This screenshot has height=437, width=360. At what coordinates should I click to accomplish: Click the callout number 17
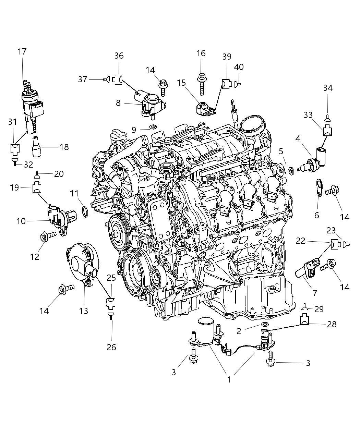[22, 52]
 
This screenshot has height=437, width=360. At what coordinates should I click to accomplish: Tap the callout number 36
[119, 56]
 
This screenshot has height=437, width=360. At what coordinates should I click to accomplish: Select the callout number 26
[111, 347]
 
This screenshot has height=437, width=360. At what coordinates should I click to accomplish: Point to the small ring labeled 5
[291, 170]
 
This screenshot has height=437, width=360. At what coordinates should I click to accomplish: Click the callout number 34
[328, 88]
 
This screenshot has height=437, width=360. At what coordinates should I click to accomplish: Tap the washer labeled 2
[265, 324]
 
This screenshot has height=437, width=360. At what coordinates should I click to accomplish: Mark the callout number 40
[239, 66]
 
